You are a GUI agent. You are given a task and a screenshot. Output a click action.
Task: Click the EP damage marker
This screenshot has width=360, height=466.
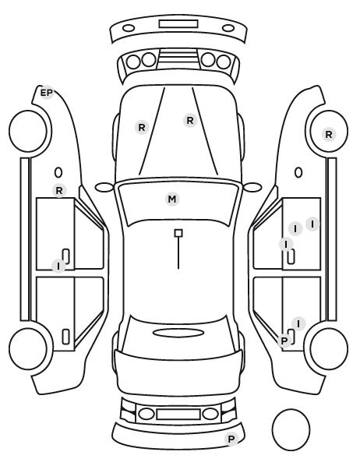click(47, 93)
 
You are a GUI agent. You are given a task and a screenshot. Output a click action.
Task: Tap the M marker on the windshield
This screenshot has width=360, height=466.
click(172, 199)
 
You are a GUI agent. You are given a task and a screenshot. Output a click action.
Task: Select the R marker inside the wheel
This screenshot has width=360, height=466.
click(329, 134)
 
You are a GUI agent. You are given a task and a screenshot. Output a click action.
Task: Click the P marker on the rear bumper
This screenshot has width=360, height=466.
click(231, 439)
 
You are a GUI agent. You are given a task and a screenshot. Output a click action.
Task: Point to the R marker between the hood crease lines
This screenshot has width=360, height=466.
click(190, 120)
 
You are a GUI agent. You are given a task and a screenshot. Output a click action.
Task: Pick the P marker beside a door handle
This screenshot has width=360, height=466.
click(284, 341)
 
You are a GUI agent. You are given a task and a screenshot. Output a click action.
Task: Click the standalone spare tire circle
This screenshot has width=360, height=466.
click(291, 429)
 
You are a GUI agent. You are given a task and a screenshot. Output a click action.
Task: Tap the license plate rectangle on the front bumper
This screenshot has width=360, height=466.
click(178, 24)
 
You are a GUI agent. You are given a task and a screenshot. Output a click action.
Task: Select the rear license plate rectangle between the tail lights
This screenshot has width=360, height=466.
click(178, 415)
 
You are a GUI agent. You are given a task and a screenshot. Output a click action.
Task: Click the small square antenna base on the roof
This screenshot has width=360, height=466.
click(178, 233)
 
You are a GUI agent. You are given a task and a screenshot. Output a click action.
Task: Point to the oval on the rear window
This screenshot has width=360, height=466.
click(178, 333)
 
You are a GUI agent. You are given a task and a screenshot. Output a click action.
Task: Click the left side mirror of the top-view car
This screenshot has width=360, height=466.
click(104, 187)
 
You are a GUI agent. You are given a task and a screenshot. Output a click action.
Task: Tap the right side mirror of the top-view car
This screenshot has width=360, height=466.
click(252, 187)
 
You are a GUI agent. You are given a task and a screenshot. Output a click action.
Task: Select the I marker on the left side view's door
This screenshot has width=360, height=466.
click(58, 266)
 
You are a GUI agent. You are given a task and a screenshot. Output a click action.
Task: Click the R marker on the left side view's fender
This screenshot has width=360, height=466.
click(59, 190)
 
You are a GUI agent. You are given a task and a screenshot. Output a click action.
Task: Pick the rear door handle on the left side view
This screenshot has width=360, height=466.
click(65, 337)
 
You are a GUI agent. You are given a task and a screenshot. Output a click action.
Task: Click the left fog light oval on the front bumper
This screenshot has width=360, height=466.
click(129, 28)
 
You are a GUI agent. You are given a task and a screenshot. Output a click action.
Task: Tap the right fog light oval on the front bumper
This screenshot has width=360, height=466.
click(228, 28)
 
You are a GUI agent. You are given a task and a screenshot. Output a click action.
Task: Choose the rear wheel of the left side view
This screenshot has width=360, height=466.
click(28, 348)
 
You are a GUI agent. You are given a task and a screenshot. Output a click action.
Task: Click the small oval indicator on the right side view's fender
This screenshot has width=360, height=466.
click(298, 173)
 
